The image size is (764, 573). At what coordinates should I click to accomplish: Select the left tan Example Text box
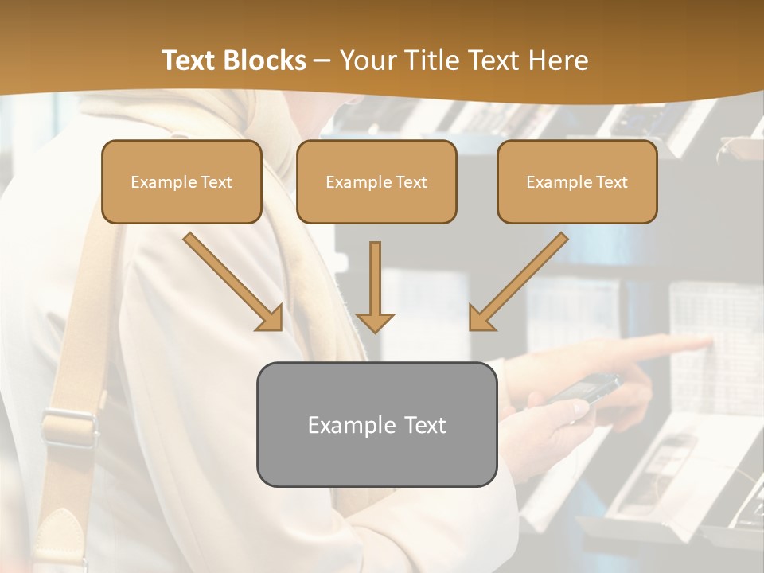tap(181, 182)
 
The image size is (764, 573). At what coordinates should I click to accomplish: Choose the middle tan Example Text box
tap(376, 182)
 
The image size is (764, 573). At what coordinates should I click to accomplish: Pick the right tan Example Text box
tap(577, 182)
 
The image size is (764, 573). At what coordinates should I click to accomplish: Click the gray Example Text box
tap(376, 425)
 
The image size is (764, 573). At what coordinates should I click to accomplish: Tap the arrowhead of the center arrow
tap(375, 322)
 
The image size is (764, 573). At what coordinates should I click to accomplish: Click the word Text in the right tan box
tap(611, 182)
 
